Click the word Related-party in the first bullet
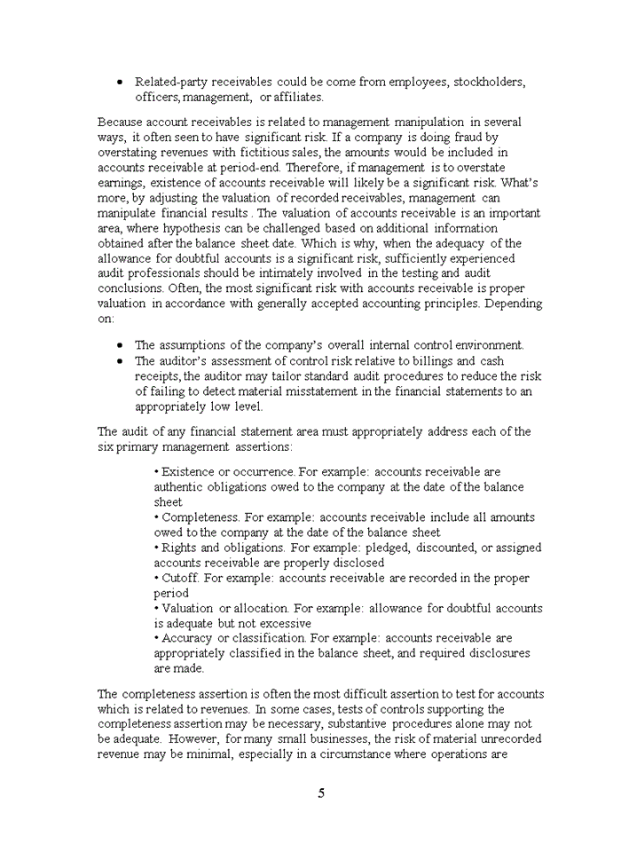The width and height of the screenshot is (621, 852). (x=174, y=82)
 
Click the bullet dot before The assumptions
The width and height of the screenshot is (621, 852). (x=120, y=345)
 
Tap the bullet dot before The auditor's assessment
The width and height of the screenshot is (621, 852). (x=120, y=361)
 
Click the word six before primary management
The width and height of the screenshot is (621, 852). (x=106, y=446)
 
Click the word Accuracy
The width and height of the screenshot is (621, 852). (x=188, y=638)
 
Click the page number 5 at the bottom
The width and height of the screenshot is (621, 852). (x=320, y=794)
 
